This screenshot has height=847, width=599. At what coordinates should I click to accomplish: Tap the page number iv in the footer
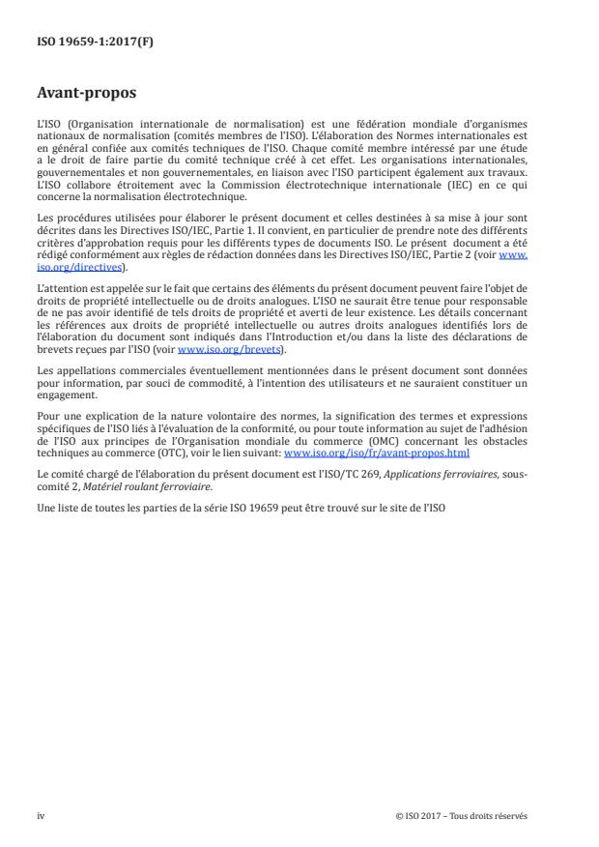coord(41,814)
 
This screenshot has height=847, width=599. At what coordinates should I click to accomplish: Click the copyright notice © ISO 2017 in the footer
coord(462,814)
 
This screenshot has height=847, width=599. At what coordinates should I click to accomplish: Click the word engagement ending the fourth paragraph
coord(63,394)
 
